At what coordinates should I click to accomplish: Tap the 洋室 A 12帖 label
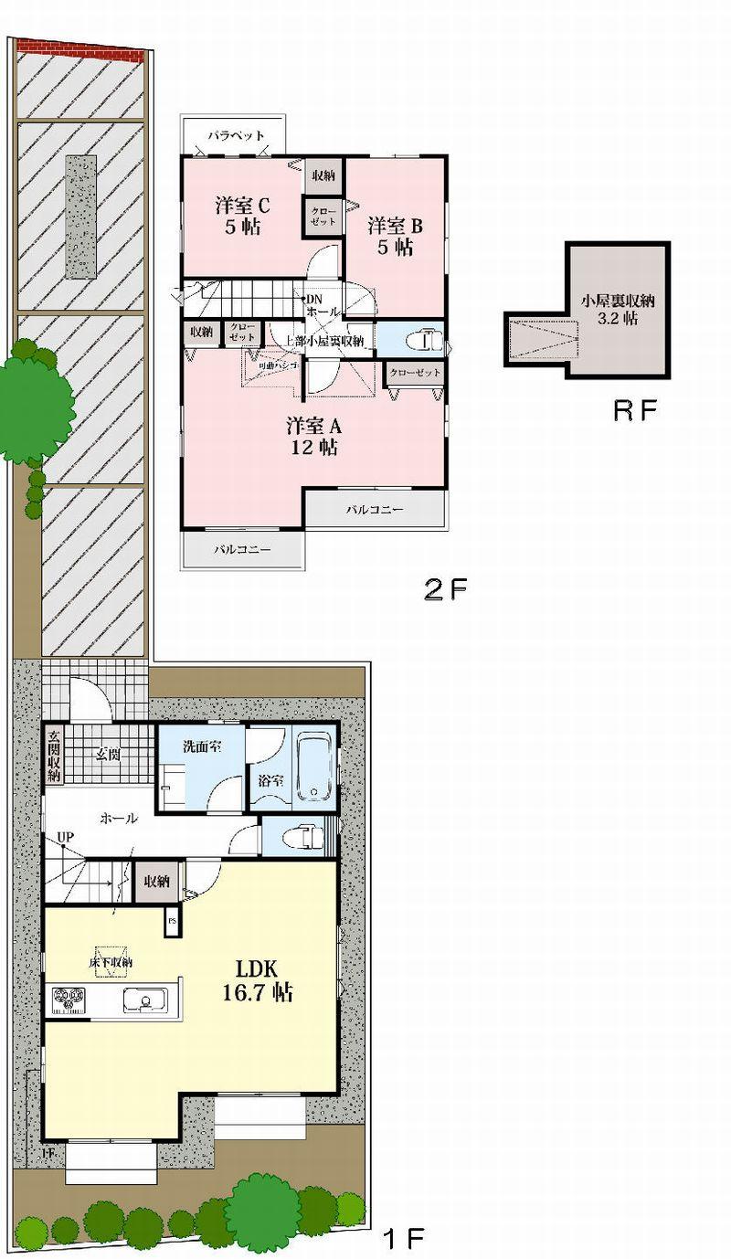coord(313,436)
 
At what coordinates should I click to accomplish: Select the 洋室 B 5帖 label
coord(391,236)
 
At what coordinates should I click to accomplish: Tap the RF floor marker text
coord(635,410)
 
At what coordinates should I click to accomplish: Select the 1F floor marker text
coord(403,1239)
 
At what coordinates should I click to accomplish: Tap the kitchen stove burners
coord(69,1000)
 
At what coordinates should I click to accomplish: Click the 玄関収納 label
coord(54,756)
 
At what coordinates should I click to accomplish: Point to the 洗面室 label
coord(199,746)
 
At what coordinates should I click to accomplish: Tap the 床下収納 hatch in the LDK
coord(111,961)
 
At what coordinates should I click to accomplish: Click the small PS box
coord(172,923)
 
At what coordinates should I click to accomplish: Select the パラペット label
coord(235,135)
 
